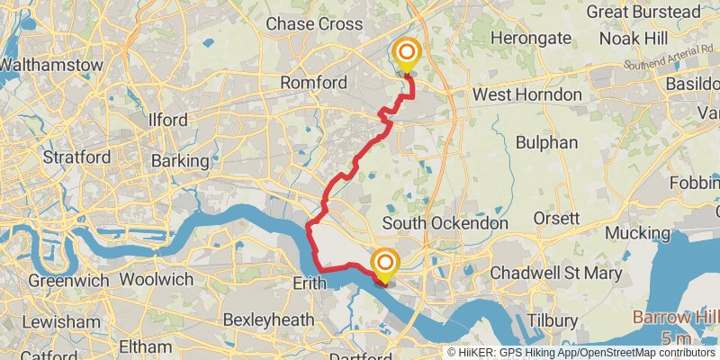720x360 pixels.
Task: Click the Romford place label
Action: point(313,83)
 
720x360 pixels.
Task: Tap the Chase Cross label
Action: point(313,23)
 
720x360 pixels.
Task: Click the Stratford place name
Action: point(77,157)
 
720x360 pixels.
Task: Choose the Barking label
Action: point(181,161)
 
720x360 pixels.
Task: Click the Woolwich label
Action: point(156,280)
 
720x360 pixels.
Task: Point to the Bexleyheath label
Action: point(267,319)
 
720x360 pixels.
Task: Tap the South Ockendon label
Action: point(445,222)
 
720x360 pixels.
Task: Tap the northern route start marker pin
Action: point(407,55)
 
